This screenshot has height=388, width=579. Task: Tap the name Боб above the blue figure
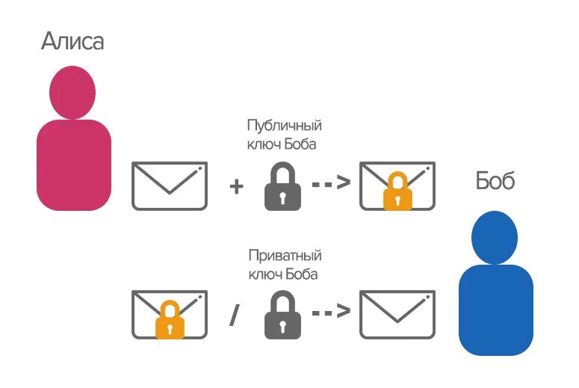coord(495,179)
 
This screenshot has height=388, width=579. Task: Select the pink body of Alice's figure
coord(73,164)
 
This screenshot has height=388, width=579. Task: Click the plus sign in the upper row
coord(237,186)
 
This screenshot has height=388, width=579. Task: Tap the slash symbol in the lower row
coord(235,315)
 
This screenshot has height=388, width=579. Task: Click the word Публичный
coord(288,126)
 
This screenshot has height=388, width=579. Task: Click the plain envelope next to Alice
coord(169,185)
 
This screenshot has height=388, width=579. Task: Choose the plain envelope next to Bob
coord(397,314)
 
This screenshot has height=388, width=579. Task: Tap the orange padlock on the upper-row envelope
coord(397,194)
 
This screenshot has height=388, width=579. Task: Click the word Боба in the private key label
coord(303,274)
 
